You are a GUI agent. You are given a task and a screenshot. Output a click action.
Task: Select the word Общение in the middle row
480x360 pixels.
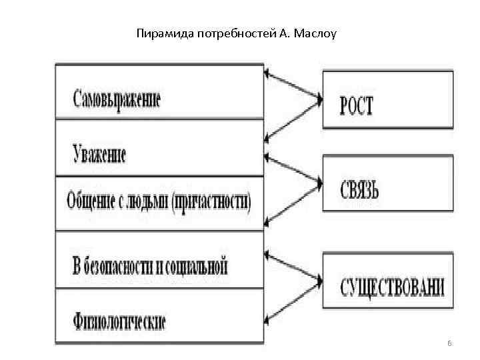coord(91,200)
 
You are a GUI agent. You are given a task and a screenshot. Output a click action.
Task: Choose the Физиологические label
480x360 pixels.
coord(119,323)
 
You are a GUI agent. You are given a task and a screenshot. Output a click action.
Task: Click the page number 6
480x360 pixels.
coord(449,343)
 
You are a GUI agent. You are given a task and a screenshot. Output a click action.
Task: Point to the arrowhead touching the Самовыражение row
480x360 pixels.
coord(267,72)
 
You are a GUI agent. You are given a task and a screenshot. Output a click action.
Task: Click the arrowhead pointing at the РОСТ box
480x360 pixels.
coord(319,101)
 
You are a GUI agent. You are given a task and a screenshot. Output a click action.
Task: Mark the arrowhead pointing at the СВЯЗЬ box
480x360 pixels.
coord(319,182)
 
